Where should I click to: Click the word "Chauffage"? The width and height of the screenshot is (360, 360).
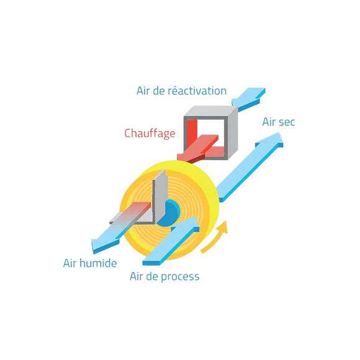(x=150, y=133)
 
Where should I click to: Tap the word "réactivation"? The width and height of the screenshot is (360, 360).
(x=197, y=91)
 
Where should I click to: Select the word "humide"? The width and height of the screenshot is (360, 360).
(x=98, y=263)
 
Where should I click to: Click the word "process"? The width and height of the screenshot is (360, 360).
(x=180, y=277)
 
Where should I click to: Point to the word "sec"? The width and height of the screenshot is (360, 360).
(x=286, y=122)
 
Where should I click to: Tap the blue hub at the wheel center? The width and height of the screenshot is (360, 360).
(x=169, y=213)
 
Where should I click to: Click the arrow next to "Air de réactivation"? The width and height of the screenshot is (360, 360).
(x=248, y=99)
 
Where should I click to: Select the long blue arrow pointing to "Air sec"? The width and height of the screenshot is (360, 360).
(x=250, y=167)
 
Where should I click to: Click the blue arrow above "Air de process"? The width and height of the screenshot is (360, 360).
(x=171, y=241)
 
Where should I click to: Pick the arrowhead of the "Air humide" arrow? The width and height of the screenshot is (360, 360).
(x=104, y=245)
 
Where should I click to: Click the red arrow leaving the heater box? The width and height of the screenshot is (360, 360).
(x=198, y=148)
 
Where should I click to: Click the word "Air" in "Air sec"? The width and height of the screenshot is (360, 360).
(x=269, y=122)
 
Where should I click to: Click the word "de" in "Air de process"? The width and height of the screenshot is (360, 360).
(x=151, y=276)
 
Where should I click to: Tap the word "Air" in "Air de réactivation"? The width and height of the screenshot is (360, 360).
(x=143, y=91)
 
